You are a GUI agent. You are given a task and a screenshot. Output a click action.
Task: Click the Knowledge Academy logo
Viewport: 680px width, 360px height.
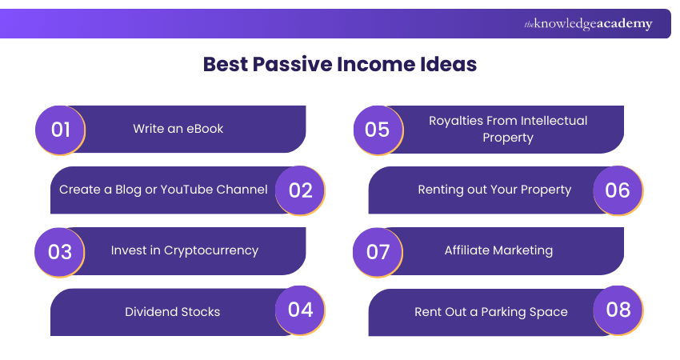(x=588, y=24)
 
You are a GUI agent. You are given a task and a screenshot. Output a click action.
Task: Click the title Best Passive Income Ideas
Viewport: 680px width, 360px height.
(x=339, y=65)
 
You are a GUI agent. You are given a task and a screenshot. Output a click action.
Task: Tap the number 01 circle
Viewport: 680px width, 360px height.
(x=60, y=129)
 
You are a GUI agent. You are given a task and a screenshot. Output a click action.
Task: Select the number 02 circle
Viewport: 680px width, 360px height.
(x=300, y=190)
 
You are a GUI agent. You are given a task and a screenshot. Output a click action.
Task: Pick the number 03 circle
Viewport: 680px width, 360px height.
(x=60, y=251)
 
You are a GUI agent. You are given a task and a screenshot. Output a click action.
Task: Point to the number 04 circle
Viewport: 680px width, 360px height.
(x=300, y=310)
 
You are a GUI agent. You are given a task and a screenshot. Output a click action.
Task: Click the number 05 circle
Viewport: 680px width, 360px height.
(x=378, y=129)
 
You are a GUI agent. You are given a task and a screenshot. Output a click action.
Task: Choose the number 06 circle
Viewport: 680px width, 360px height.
(x=618, y=190)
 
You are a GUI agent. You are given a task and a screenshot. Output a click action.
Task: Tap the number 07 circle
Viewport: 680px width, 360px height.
(x=378, y=251)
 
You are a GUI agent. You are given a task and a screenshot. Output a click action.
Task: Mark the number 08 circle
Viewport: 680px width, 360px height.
(x=618, y=310)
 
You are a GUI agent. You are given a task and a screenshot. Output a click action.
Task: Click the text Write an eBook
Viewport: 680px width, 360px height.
(x=178, y=129)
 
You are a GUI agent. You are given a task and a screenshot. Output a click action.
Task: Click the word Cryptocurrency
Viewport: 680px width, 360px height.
(x=211, y=250)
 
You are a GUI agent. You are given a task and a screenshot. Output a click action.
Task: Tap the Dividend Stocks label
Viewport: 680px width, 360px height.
(x=172, y=312)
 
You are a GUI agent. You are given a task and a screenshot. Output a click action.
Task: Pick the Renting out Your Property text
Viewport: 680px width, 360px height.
(x=494, y=190)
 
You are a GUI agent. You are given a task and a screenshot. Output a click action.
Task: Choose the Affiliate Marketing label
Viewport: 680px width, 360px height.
(x=498, y=250)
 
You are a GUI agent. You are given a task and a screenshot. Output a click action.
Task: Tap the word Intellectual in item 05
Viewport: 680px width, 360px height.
(x=554, y=121)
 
